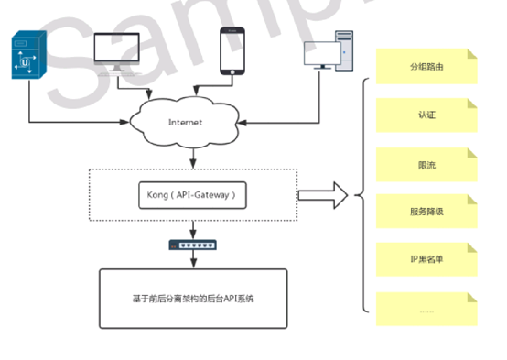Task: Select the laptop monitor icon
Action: tap(117, 52)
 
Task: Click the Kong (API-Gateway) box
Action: tap(192, 194)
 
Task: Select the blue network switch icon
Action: tap(192, 245)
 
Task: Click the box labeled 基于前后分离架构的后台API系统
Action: tap(192, 299)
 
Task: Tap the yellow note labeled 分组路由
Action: tap(426, 68)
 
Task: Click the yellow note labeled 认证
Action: tap(426, 115)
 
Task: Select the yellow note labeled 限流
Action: tap(426, 164)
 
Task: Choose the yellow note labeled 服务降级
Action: tap(426, 212)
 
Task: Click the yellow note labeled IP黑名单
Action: tap(426, 259)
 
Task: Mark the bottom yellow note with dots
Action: tap(426, 309)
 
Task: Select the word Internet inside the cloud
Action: tap(186, 122)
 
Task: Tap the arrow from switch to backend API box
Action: tap(192, 260)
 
